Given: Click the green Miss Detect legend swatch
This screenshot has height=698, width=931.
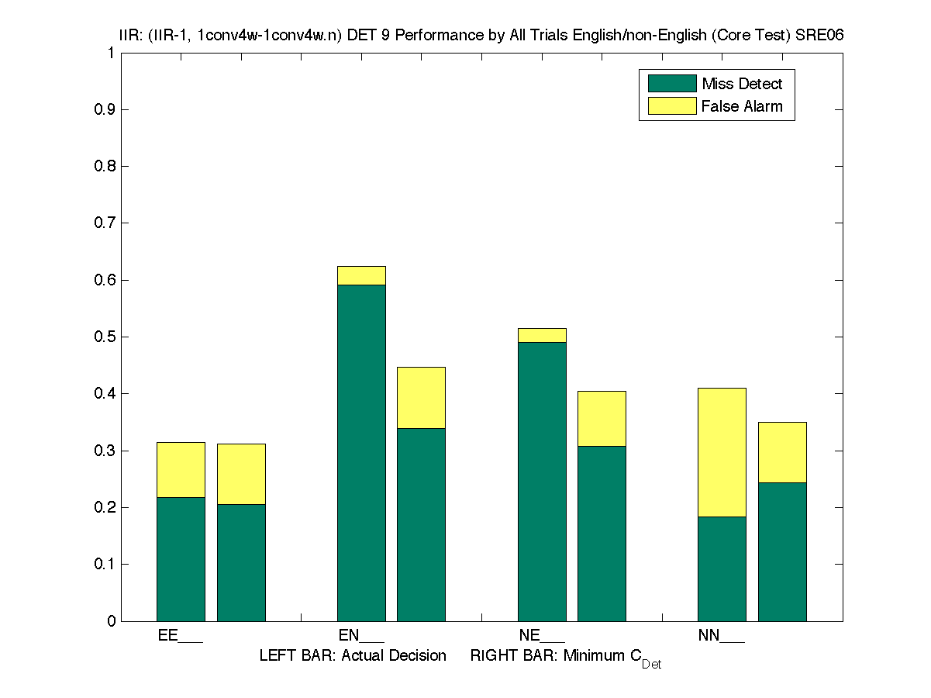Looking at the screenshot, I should click(x=671, y=84).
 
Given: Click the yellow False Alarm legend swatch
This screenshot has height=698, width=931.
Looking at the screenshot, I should click(x=671, y=106).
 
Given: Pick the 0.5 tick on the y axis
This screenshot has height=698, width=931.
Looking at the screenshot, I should click(x=105, y=337).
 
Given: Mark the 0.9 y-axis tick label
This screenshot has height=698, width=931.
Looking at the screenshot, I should click(x=105, y=110).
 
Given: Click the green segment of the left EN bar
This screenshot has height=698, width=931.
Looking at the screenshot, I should click(x=361, y=453).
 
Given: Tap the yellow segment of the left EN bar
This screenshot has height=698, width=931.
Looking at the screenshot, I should click(x=361, y=275).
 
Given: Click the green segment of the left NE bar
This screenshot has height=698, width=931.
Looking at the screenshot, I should click(x=542, y=481).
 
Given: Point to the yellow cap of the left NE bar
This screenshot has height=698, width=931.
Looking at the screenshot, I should click(x=542, y=335).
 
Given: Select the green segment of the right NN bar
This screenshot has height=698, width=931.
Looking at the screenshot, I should click(x=782, y=551).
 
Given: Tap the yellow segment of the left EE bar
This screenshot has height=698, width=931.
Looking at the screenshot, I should click(x=181, y=469).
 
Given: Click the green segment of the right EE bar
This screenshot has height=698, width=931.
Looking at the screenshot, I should click(x=241, y=562).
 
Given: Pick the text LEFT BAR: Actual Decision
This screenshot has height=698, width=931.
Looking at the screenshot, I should click(x=353, y=656).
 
